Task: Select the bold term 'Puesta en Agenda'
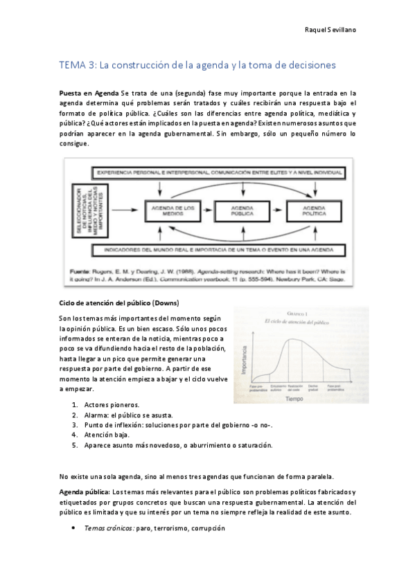coord(89,92)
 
